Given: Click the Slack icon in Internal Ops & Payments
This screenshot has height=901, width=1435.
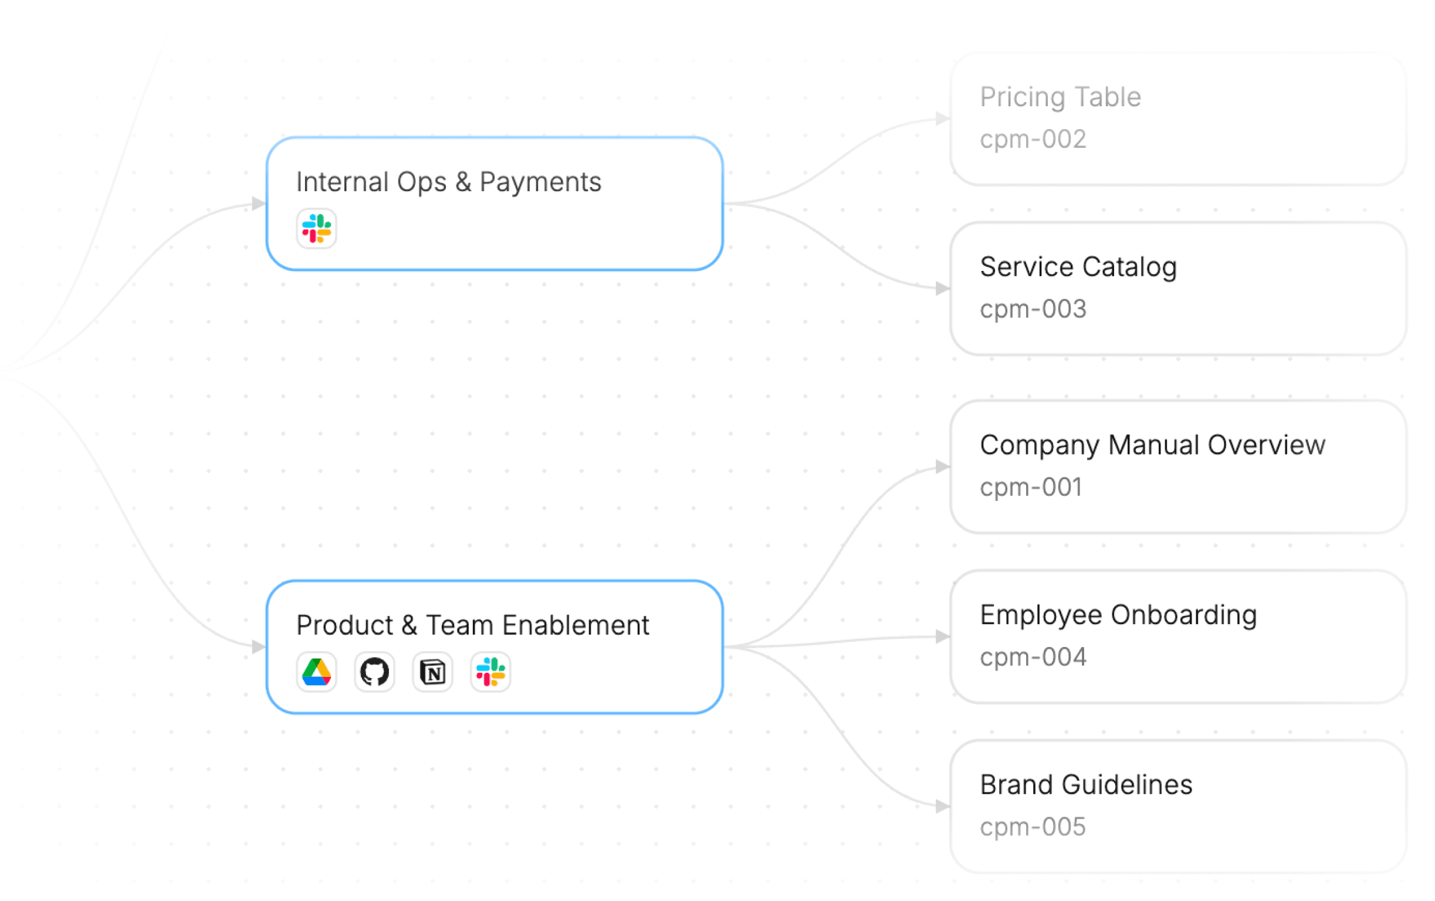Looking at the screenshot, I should [x=316, y=228].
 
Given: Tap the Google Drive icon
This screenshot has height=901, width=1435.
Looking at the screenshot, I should [x=316, y=672].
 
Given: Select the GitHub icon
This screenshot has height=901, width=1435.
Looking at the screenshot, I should [x=374, y=672].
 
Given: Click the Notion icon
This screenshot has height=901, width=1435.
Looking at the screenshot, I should [x=432, y=672].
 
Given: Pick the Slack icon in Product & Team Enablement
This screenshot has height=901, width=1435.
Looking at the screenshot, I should [x=490, y=672].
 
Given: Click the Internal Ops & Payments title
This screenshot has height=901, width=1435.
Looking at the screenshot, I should [x=449, y=182].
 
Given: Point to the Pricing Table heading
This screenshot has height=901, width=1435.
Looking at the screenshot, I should [x=1061, y=97].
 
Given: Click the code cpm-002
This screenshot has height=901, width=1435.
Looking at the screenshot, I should [x=1033, y=140].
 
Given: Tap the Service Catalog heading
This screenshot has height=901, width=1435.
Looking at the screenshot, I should [x=1079, y=267].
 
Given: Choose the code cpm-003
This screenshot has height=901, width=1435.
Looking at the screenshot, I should [x=1033, y=309].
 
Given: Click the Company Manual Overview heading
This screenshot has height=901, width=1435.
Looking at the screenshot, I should [x=1153, y=445].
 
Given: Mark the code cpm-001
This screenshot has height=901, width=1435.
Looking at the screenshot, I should [x=1031, y=487].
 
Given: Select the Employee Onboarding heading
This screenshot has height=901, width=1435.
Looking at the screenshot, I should [x=1119, y=615].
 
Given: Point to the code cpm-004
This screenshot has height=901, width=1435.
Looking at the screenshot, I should [x=1033, y=658].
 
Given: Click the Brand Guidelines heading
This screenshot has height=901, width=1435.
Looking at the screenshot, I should [x=1087, y=785].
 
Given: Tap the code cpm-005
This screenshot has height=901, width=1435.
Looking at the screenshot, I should [x=1033, y=827].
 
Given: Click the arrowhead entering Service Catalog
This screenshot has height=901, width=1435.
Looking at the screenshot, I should [x=942, y=289].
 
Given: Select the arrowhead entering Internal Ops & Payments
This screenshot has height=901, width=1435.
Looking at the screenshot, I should [x=259, y=204].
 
